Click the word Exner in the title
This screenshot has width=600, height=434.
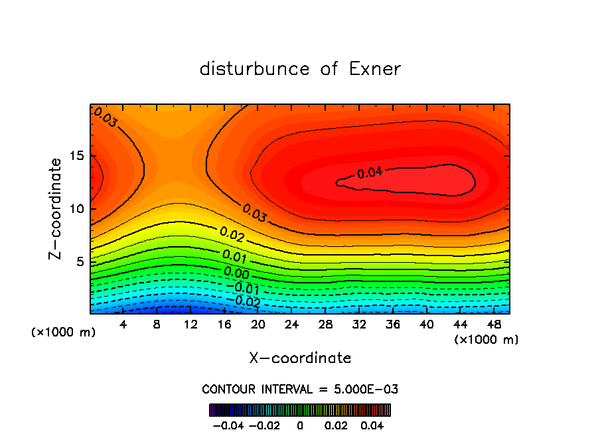pos(375,69)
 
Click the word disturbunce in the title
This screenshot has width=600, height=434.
pos(255,69)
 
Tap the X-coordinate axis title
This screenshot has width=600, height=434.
pos(300,358)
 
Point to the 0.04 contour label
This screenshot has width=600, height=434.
pos(370,173)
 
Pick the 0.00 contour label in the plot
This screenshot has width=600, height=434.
pos(236,273)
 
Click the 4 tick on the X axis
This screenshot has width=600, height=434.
pos(123,325)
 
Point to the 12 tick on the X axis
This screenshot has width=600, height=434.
pos(190,325)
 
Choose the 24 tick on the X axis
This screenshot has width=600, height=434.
pos(291,325)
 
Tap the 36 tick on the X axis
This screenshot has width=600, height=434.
pos(392,325)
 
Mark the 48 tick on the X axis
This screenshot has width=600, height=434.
pos(493,325)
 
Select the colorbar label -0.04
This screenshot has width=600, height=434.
pos(228,424)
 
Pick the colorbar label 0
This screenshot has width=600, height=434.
pos(300,424)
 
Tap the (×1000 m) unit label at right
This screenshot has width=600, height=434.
pos(487,340)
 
